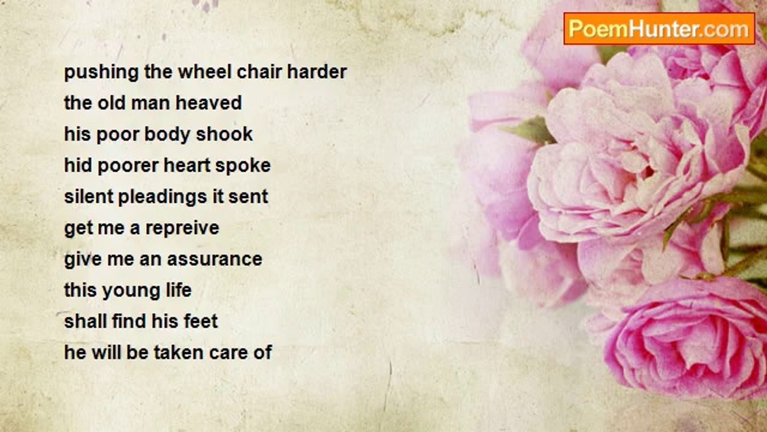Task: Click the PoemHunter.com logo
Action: [x=659, y=29]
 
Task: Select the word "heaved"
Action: [x=209, y=103]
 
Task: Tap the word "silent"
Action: [x=88, y=197]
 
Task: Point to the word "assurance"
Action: [x=215, y=259]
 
